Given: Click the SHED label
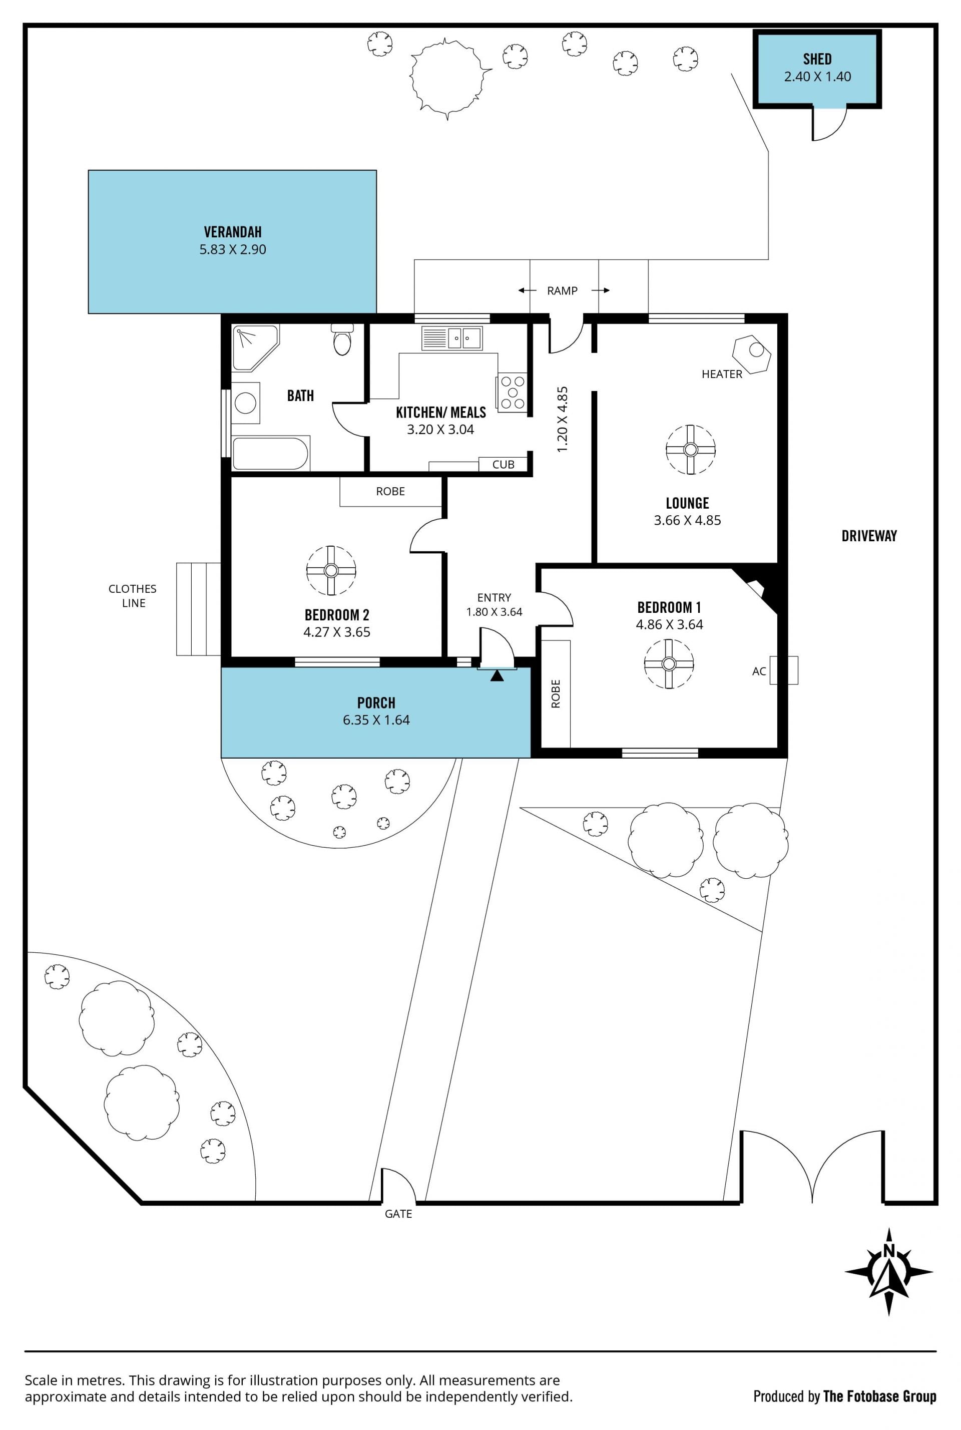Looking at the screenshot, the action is click(817, 60).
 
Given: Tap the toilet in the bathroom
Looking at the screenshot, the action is click(342, 339).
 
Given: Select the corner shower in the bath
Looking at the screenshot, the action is click(255, 347).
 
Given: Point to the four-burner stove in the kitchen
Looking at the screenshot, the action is click(512, 392).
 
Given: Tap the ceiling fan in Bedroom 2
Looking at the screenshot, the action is click(331, 571).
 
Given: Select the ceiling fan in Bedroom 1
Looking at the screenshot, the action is click(669, 664).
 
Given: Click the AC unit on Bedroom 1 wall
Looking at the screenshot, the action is click(784, 670).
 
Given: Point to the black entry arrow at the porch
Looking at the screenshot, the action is click(497, 675).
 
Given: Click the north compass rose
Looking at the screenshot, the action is click(889, 1272).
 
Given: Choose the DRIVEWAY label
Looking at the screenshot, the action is click(869, 536).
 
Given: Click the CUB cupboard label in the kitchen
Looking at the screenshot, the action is click(503, 465).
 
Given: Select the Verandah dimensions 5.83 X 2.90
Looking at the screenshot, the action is click(233, 249).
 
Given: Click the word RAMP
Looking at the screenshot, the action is click(563, 290).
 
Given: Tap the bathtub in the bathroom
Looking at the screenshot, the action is click(270, 453).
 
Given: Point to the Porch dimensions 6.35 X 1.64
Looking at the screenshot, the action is click(376, 720).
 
